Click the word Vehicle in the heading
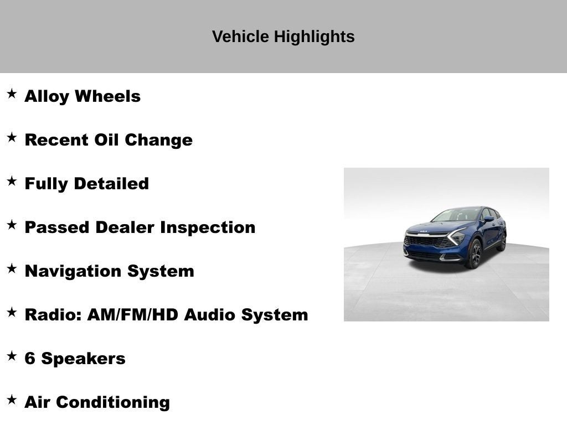coord(240,37)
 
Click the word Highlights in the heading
coord(314,37)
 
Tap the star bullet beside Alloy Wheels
coord(12,94)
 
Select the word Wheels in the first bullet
coord(107,96)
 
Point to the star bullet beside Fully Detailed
coord(12,181)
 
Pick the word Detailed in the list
coord(111,183)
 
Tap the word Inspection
coord(208,227)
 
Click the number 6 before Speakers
coord(30,358)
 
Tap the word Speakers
coord(83,359)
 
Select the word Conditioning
coord(113,402)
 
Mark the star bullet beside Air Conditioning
coord(12,400)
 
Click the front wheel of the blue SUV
coord(475,254)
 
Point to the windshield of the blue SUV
coord(456,215)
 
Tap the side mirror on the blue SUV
coord(489,219)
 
